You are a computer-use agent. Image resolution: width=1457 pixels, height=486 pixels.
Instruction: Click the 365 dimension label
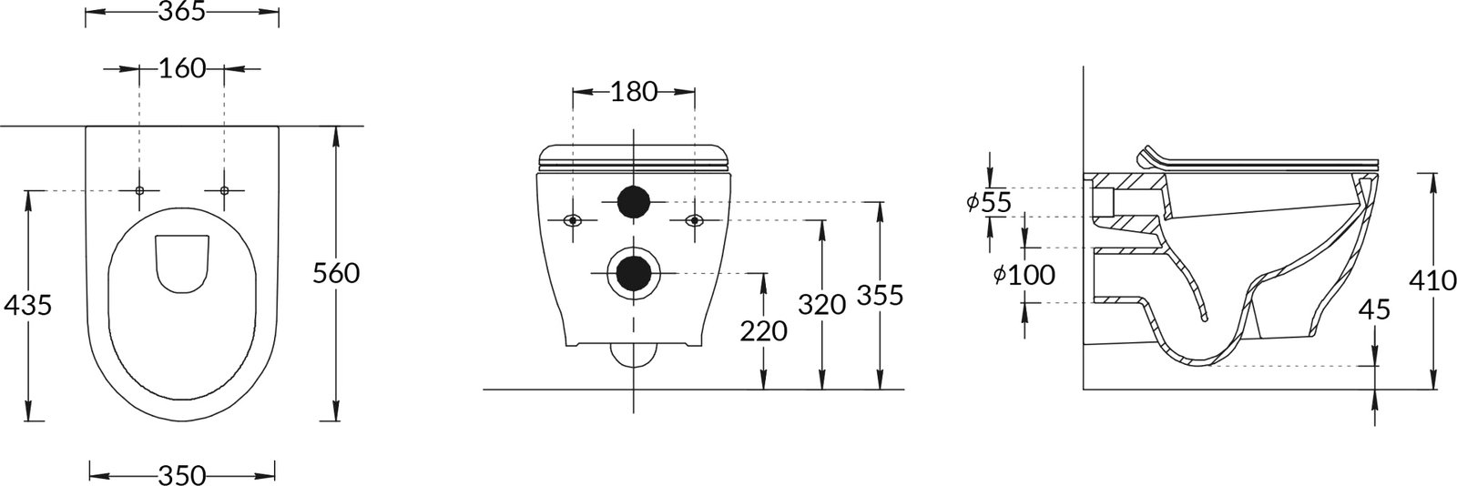click(182, 12)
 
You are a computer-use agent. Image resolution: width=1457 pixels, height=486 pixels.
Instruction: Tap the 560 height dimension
click(336, 274)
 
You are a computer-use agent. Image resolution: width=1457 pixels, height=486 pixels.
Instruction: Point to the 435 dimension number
click(27, 305)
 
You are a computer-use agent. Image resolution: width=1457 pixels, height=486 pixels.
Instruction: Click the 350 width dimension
click(182, 476)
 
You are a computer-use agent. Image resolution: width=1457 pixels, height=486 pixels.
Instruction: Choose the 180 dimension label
click(634, 92)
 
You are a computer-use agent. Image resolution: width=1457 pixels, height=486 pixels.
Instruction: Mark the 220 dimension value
click(764, 331)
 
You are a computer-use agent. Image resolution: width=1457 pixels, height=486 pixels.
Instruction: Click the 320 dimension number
click(822, 305)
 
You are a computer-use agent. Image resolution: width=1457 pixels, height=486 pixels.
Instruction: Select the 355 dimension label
click(880, 296)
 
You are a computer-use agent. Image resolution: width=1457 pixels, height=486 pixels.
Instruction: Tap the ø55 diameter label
click(989, 203)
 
